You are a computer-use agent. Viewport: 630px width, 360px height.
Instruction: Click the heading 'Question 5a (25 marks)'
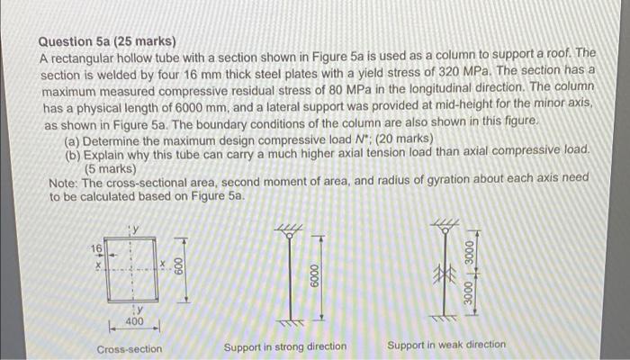107,41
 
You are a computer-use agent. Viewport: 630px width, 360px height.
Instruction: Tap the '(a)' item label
75,139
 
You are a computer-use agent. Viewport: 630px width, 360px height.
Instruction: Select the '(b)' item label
75,153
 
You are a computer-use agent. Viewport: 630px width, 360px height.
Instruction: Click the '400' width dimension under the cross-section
133,321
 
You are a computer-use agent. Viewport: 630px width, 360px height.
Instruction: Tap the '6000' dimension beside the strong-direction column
313,274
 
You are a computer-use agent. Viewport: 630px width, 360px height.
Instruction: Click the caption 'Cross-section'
130,348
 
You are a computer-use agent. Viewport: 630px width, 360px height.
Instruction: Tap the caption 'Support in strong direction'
284,346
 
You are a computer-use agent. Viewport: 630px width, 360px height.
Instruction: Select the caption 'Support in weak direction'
445,345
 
